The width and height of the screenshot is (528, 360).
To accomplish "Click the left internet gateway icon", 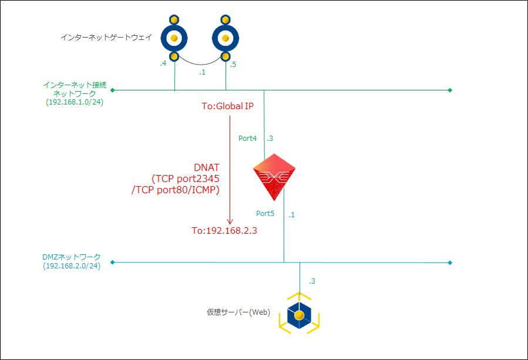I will [x=174, y=38].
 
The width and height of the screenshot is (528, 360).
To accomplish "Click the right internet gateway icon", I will [x=226, y=38].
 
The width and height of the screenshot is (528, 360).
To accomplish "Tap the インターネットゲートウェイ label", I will [x=106, y=38].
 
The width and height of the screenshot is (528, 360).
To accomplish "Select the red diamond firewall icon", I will [x=273, y=177].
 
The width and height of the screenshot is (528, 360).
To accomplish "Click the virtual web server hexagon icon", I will [x=299, y=315].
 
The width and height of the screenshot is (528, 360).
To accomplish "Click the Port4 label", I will [x=247, y=139].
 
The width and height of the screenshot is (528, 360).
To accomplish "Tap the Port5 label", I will [x=265, y=213].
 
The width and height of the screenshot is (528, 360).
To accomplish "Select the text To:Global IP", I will [x=228, y=107].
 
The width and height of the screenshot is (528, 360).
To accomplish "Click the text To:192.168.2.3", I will [x=225, y=231].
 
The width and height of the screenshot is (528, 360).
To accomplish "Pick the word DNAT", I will [x=206, y=167].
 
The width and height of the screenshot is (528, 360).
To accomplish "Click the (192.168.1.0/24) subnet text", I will [x=75, y=102].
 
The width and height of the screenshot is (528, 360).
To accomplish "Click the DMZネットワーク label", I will [x=72, y=257].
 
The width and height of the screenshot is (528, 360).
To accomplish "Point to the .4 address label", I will [x=163, y=64].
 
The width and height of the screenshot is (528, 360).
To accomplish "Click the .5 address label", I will [x=233, y=64].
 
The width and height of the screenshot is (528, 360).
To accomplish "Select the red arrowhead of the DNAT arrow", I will [x=230, y=221].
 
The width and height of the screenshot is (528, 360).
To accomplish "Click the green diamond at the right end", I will [x=450, y=90].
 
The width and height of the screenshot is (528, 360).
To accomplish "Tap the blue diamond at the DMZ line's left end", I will [x=112, y=262].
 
